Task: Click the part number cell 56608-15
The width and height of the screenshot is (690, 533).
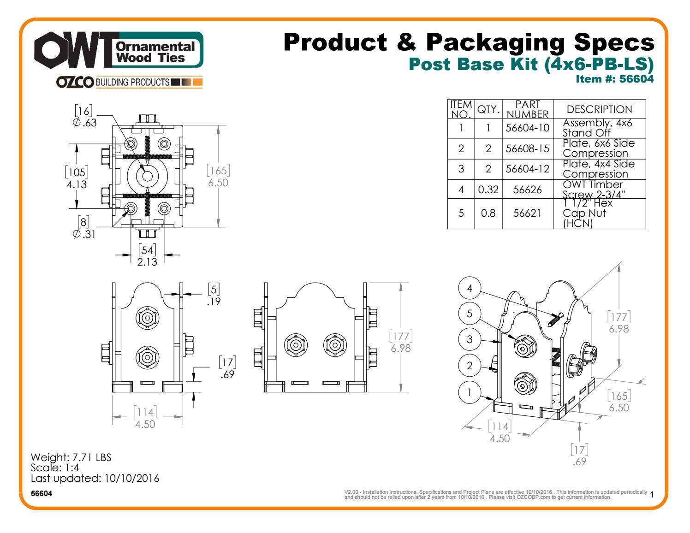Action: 527,148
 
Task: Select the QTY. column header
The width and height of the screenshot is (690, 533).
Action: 488,109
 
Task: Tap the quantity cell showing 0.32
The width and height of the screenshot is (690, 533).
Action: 488,190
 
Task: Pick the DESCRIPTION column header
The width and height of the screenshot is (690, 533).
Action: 599,109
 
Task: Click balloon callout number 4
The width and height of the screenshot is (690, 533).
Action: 470,289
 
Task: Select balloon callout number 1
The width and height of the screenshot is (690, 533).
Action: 470,392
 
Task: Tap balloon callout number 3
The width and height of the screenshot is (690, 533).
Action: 470,340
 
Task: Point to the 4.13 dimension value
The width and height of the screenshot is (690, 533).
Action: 77,184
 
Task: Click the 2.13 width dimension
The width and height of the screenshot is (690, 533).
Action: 147,262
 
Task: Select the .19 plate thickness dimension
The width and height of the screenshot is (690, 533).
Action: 214,302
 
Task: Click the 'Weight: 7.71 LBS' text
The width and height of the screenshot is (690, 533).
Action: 71,457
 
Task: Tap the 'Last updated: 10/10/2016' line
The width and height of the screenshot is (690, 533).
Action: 95,478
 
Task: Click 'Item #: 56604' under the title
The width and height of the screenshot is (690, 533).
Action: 614,79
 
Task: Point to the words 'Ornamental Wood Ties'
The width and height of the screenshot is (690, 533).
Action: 155,52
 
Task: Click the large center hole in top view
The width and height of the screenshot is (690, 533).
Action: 148,176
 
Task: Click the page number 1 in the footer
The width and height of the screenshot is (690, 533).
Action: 652,495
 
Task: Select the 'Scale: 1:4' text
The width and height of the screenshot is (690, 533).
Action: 54,468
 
